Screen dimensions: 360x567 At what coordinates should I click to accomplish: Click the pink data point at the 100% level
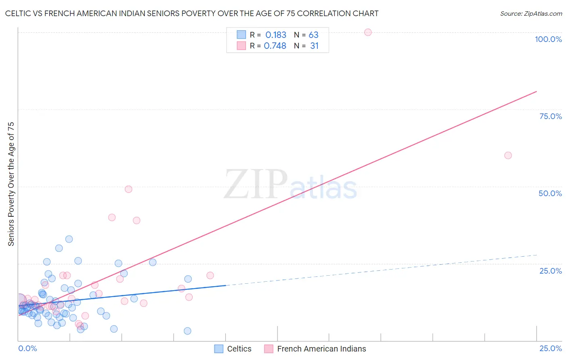click(368, 32)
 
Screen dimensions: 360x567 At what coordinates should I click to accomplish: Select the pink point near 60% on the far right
click(508, 155)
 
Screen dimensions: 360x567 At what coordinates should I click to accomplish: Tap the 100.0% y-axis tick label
click(548, 39)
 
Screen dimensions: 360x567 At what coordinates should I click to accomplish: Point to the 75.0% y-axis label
click(550, 116)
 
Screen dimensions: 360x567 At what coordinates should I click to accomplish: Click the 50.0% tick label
click(550, 193)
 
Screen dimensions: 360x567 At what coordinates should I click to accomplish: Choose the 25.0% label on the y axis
click(550, 271)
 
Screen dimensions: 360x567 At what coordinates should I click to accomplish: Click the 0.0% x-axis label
click(27, 348)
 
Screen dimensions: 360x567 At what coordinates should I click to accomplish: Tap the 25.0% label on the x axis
click(550, 348)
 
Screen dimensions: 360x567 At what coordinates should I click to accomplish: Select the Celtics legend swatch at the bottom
click(219, 349)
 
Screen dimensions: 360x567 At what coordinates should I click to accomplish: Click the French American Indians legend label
click(321, 349)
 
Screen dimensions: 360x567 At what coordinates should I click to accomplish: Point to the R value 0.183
click(276, 35)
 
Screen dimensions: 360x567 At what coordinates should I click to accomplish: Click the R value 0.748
click(275, 46)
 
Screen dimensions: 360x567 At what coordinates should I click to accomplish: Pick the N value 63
click(313, 35)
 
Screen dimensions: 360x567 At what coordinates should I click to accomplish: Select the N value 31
click(314, 46)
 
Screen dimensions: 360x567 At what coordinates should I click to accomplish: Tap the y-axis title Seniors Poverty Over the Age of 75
click(11, 184)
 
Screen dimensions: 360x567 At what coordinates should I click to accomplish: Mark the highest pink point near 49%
click(129, 189)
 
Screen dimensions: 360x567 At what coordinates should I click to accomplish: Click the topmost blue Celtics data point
click(69, 239)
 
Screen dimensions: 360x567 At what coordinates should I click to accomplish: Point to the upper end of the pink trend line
click(536, 92)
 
